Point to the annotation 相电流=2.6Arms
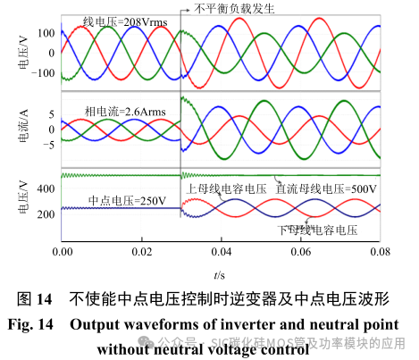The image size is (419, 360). click(119, 111)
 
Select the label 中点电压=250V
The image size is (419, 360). click(126, 200)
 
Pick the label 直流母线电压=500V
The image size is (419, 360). click(325, 189)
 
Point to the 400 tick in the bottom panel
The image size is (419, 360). click(46, 188)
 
